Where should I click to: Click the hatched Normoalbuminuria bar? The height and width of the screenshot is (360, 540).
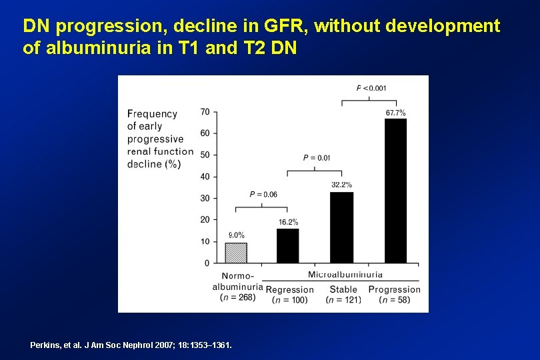(x=235, y=253)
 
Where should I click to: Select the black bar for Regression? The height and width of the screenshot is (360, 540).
(x=288, y=245)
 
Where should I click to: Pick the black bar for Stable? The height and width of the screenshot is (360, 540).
(x=341, y=227)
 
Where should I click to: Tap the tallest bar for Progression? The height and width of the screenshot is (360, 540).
(x=395, y=191)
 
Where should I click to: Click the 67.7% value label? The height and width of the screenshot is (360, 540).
(x=395, y=113)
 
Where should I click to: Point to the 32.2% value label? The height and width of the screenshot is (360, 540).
(x=341, y=185)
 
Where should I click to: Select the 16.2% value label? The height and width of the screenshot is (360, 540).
(x=288, y=222)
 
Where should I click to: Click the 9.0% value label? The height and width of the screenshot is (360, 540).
(x=236, y=235)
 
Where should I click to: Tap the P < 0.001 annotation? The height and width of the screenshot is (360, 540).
(x=371, y=88)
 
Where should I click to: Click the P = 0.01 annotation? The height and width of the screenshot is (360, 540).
(x=316, y=158)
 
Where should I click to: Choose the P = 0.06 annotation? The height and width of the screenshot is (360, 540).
(x=263, y=194)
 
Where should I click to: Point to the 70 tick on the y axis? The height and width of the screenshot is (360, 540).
(x=205, y=111)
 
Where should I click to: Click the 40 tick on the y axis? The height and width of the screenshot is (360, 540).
(x=205, y=177)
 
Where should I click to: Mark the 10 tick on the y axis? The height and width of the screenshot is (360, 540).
(x=205, y=241)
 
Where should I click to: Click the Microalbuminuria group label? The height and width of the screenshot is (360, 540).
(x=345, y=274)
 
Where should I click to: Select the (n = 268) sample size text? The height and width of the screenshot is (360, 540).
(x=237, y=297)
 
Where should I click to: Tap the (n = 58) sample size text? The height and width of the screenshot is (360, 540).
(x=394, y=300)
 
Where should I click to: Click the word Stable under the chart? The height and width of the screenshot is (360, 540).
(x=343, y=289)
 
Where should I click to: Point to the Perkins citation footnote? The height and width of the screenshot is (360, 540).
(x=131, y=345)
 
